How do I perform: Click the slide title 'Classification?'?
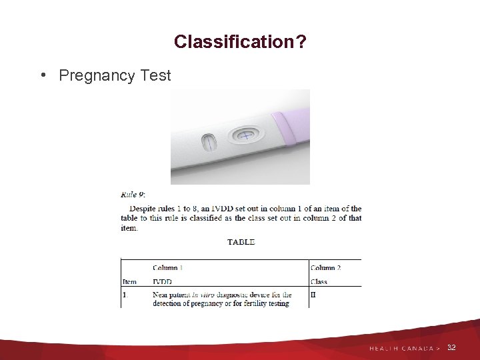(240, 42)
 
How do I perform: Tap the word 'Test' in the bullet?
(155, 75)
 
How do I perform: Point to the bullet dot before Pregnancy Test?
(43, 75)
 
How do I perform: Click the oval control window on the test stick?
(209, 142)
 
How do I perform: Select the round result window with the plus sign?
(245, 136)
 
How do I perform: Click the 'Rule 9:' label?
(133, 195)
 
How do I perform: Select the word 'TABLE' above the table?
(241, 242)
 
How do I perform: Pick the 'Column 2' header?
(326, 268)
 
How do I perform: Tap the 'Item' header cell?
(129, 282)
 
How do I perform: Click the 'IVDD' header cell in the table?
(162, 282)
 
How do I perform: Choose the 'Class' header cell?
(319, 282)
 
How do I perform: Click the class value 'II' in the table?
(313, 294)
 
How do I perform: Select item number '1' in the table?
(124, 294)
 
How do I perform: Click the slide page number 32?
(451, 347)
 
